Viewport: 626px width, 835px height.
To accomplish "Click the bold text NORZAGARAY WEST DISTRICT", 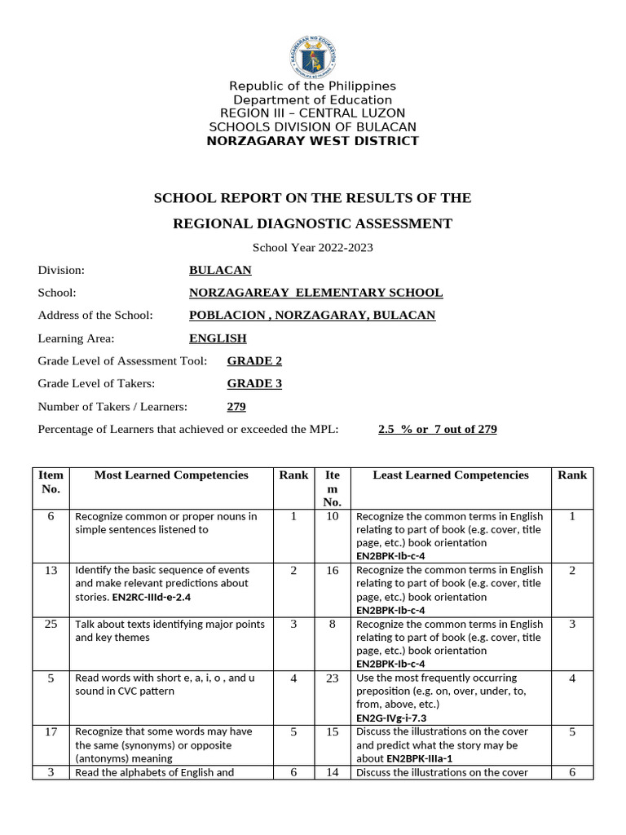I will [x=312, y=141].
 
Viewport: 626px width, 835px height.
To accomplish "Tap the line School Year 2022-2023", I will [x=312, y=248].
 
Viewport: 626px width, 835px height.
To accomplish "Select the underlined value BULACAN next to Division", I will [x=220, y=270].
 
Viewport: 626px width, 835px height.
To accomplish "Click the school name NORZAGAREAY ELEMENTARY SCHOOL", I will [x=315, y=293].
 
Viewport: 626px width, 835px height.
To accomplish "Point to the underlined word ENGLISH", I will [x=218, y=338].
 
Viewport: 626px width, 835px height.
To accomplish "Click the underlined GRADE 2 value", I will [x=254, y=360].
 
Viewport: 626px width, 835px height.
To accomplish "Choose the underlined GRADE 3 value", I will [x=254, y=383].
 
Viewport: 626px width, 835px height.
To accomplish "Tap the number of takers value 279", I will [x=236, y=406].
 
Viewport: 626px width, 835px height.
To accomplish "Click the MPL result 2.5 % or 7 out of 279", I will [x=437, y=429].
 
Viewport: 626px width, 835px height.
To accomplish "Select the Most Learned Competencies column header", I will [x=171, y=475].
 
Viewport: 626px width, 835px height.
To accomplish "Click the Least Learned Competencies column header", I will [x=451, y=475].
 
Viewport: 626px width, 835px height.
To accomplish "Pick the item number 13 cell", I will [x=51, y=571].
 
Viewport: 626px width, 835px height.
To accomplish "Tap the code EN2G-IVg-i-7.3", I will [x=391, y=718].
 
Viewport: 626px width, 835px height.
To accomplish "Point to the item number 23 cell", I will [x=332, y=678].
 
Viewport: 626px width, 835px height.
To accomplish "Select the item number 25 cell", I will [x=51, y=625].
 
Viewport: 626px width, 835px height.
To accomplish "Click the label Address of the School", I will [x=95, y=316].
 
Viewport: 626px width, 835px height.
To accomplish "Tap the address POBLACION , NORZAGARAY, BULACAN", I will [x=312, y=316].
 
